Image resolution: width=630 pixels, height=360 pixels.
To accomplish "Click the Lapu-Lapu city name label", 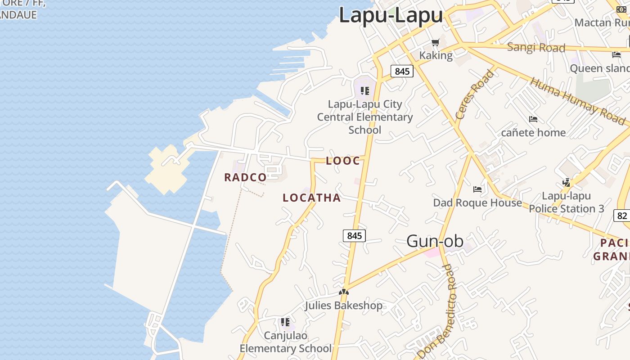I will [x=391, y=15].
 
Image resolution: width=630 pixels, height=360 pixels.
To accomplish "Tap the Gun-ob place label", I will [x=435, y=241].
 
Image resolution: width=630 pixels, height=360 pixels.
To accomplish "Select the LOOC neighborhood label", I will [x=343, y=161].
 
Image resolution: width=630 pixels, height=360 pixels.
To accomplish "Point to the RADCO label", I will [x=246, y=177].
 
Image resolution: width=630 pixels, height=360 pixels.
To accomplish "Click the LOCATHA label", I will [x=311, y=198].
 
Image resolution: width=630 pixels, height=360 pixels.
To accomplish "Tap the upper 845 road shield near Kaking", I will [x=402, y=71].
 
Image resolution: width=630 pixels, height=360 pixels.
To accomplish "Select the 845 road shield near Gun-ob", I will [x=354, y=235].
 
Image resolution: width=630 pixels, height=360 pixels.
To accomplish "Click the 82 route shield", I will [x=622, y=216].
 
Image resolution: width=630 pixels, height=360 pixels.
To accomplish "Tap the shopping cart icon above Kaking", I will [x=435, y=43].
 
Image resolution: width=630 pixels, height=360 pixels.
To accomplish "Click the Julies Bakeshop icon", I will [x=344, y=292].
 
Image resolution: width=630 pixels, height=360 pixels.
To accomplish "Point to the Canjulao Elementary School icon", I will [x=285, y=322].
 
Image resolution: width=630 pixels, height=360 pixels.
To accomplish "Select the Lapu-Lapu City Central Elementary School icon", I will [x=365, y=91].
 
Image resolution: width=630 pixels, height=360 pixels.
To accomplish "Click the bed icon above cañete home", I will [x=533, y=119].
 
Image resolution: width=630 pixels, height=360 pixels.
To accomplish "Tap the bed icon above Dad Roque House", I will [x=477, y=189].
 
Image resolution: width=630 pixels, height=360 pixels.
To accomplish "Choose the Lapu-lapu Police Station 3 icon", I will [x=567, y=183].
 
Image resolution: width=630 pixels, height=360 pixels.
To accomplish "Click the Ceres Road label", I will [x=474, y=95].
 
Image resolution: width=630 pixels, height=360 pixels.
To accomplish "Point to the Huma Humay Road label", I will [x=577, y=102].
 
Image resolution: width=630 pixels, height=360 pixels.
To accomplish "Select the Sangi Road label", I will [x=536, y=47].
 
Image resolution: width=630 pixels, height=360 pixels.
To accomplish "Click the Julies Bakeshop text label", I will [x=344, y=306].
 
